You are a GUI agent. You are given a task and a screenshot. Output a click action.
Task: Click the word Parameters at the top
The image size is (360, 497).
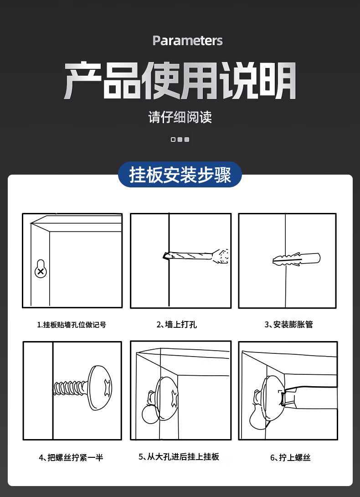pos(188,41)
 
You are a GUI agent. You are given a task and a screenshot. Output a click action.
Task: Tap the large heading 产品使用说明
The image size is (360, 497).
pos(180,81)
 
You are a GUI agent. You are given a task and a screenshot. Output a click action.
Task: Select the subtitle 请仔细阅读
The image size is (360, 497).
pos(180,117)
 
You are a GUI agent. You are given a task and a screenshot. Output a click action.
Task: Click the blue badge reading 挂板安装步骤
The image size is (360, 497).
pos(180,175)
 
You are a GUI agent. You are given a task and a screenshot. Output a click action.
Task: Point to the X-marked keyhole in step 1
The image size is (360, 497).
pos(41,269)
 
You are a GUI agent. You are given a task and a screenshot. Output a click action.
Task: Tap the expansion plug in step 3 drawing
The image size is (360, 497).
pos(296,259)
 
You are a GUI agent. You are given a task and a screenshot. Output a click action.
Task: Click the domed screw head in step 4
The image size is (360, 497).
pos(100,388)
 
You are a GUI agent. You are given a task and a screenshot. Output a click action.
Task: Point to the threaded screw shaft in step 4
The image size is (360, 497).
pos(70,388)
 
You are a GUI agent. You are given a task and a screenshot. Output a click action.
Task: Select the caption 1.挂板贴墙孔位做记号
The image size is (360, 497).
pos(72,325)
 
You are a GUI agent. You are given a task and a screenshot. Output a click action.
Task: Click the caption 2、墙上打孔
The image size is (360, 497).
pos(176,324)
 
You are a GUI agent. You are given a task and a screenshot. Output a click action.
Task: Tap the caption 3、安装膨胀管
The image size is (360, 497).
pos(289,324)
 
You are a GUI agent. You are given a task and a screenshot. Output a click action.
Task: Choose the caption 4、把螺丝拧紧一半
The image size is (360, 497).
pos(71,457)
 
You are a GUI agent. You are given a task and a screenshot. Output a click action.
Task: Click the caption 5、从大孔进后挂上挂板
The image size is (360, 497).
pos(179,456)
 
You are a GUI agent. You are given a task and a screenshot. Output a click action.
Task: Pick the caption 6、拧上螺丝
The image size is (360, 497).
pos(290,457)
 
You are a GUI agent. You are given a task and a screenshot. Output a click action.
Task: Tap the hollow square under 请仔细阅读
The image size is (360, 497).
pos(173,140)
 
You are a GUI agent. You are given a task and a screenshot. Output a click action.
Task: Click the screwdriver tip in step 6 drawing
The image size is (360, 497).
pos(282,398)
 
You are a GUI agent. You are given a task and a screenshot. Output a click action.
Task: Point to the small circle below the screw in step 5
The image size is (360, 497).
pos(151,414)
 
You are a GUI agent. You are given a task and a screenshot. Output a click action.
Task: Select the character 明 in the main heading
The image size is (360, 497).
pos(278,81)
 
